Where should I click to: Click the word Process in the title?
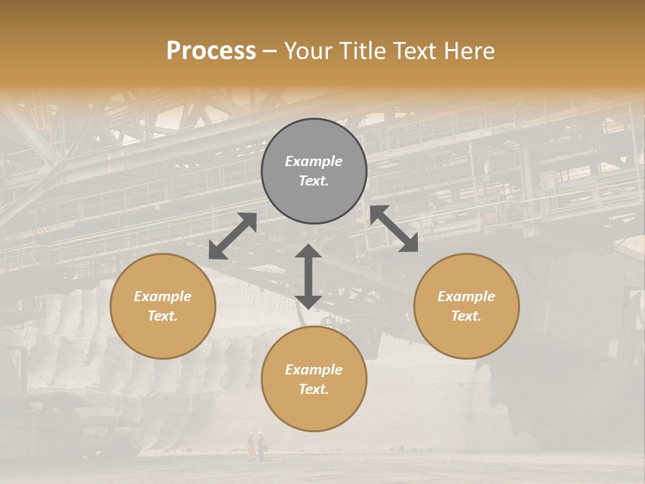(211, 51)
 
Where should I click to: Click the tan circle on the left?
(163, 306)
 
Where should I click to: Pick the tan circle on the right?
(466, 306)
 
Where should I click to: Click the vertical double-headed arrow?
(308, 276)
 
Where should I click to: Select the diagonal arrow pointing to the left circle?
(232, 236)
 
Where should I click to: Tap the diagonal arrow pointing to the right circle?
(394, 229)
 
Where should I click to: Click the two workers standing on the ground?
(256, 446)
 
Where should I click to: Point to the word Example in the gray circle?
(314, 161)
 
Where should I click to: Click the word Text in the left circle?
(163, 316)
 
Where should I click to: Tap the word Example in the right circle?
(466, 296)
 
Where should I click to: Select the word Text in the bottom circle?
(314, 389)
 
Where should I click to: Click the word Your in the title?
(308, 51)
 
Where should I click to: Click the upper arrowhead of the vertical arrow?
(308, 251)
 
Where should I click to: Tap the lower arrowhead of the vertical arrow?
(308, 301)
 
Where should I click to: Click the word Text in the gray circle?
(314, 181)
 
